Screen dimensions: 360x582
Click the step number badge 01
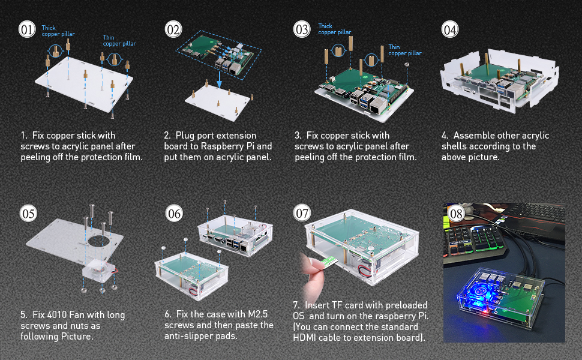click(x=28, y=29)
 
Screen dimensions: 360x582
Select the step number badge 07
click(x=303, y=212)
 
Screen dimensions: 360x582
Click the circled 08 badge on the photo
click(x=457, y=214)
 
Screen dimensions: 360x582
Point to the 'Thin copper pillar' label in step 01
click(x=119, y=40)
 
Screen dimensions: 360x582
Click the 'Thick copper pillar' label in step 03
click(x=334, y=29)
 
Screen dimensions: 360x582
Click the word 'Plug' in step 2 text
click(x=186, y=136)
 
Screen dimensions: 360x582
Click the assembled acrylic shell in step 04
click(x=499, y=85)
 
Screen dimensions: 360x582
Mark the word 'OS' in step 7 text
click(x=300, y=316)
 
